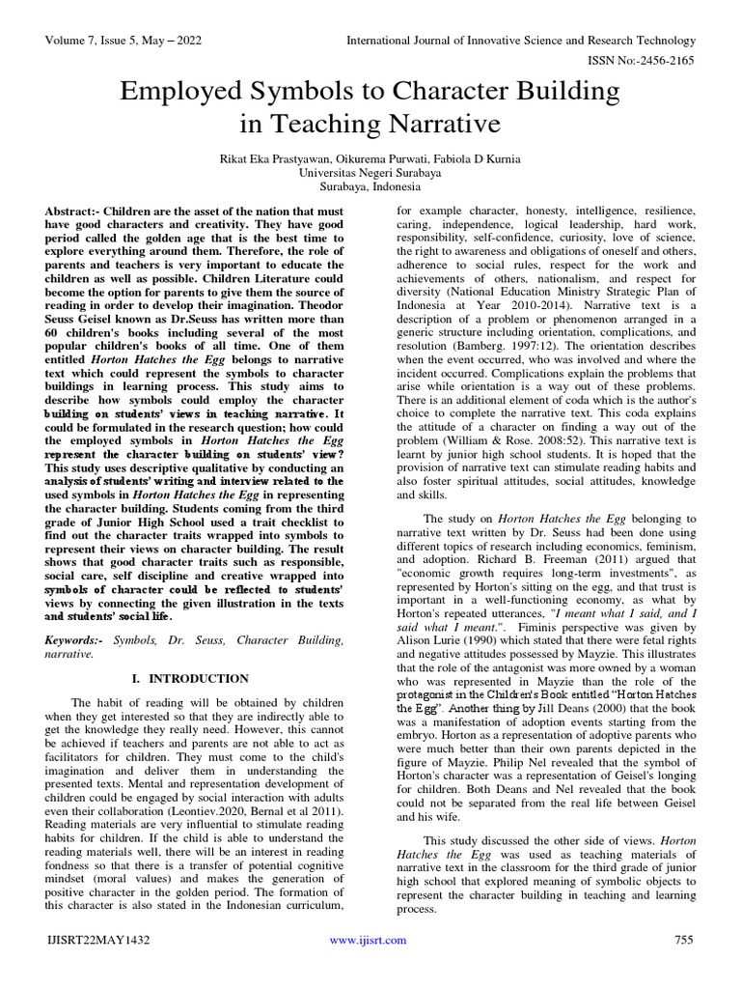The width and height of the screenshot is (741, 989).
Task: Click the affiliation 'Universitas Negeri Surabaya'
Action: click(370, 172)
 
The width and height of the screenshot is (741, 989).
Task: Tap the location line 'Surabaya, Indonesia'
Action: click(370, 186)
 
